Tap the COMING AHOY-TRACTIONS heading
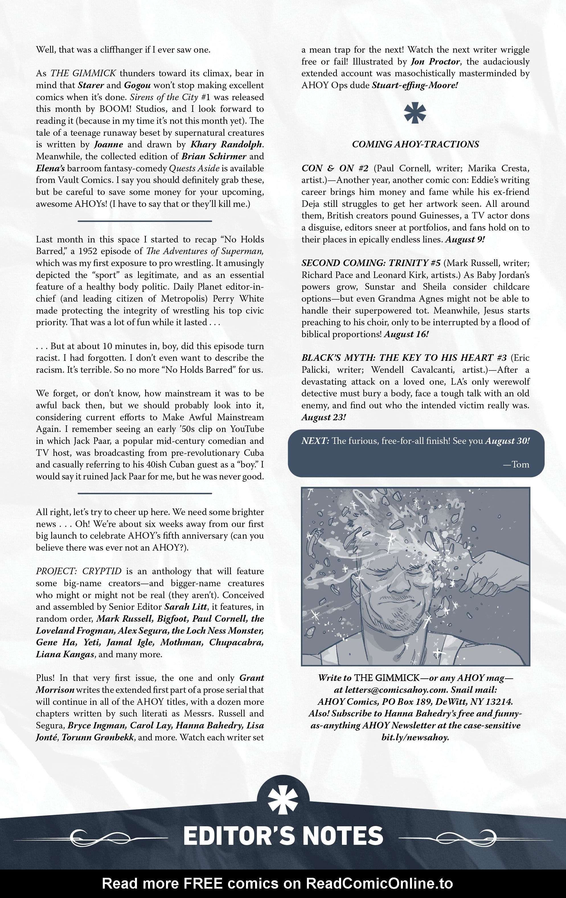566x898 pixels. click(415, 144)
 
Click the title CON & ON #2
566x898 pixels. click(335, 168)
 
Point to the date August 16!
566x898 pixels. click(406, 334)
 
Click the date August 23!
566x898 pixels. click(323, 417)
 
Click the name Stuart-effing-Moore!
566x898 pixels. click(415, 85)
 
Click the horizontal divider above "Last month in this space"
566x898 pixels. click(145, 221)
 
